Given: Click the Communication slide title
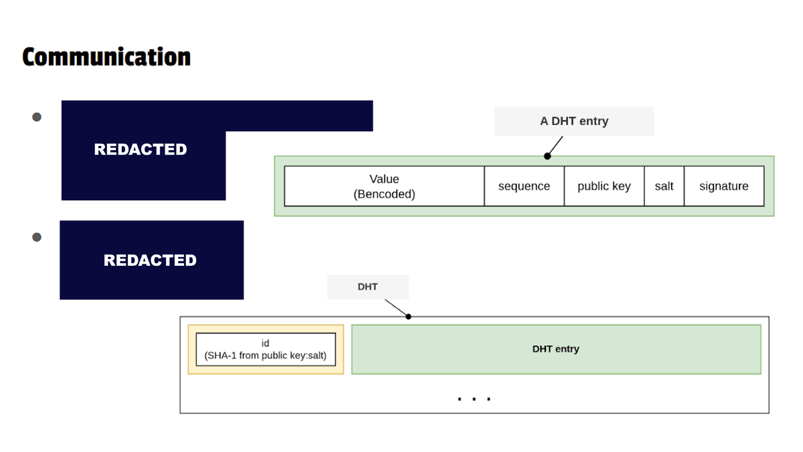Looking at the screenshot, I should (x=106, y=57).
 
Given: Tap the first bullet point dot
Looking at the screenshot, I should (x=37, y=117).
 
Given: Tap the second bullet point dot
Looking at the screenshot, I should (x=37, y=237).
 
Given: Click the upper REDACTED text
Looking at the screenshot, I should (x=141, y=149).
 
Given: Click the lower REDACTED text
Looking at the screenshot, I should (x=150, y=260).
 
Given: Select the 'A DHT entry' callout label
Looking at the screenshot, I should (x=573, y=121).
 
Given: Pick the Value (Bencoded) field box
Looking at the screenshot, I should (x=384, y=186).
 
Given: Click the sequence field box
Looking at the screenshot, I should (x=524, y=186).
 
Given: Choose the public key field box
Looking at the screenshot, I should (x=604, y=186).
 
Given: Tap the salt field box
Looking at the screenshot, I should (x=664, y=186).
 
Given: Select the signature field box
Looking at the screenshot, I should (x=723, y=186).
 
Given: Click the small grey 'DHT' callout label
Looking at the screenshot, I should (x=367, y=287).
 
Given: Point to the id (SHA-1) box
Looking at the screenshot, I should (x=266, y=350).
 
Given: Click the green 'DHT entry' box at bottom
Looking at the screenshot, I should (x=555, y=349).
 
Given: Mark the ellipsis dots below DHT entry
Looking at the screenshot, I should (x=474, y=399).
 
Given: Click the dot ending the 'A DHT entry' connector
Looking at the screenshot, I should (x=547, y=156).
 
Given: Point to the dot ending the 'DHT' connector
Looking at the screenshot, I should (x=408, y=316).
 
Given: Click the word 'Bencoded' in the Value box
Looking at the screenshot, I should (x=384, y=194).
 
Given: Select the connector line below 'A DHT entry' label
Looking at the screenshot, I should (x=555, y=146).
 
